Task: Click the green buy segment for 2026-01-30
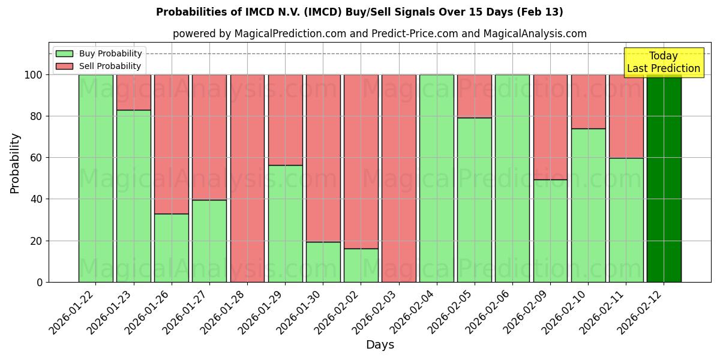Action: point(323,262)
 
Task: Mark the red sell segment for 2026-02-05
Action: point(475,96)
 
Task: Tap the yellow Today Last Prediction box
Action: point(664,62)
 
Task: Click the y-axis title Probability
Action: point(15,163)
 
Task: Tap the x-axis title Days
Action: point(380,345)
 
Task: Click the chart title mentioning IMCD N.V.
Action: point(359,12)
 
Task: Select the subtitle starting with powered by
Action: point(379,34)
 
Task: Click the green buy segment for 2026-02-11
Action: point(626,220)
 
